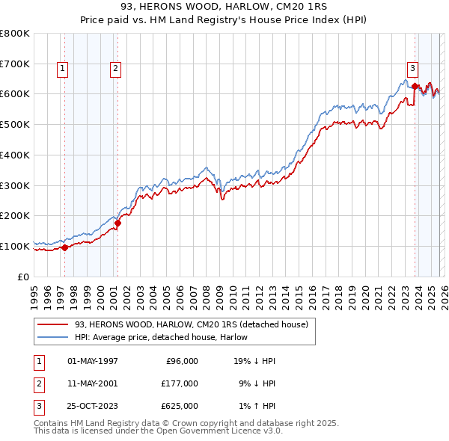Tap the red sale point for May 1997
(64, 247)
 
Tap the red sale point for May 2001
(117, 223)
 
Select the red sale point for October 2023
(415, 86)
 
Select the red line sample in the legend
(53, 324)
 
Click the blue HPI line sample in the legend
(53, 337)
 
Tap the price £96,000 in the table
(181, 361)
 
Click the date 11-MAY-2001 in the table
(93, 383)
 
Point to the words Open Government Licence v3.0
(222, 431)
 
